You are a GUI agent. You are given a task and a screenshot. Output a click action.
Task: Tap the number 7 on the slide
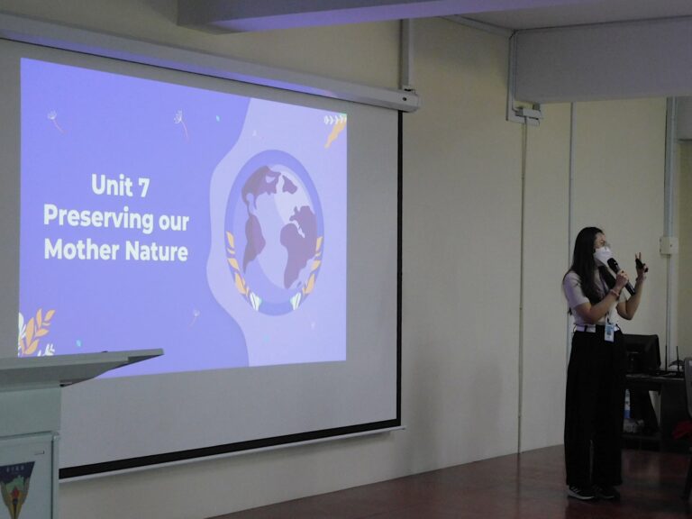tap(143, 187)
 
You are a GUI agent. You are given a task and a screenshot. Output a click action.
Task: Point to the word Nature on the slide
tap(157, 251)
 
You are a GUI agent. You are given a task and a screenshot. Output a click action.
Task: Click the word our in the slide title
tap(174, 222)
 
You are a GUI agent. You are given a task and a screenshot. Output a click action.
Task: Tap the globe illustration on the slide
tap(274, 232)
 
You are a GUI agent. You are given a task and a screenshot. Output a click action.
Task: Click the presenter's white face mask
tap(602, 255)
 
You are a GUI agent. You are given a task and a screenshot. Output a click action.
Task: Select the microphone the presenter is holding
tap(621, 276)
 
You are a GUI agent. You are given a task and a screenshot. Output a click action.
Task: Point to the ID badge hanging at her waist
tap(609, 332)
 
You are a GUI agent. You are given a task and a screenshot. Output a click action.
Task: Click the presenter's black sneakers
tap(592, 492)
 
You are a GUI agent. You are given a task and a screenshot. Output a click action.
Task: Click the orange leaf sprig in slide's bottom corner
tap(36, 332)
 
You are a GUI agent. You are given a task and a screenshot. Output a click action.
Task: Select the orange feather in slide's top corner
tap(335, 131)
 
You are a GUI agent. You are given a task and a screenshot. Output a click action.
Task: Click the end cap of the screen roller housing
tap(410, 100)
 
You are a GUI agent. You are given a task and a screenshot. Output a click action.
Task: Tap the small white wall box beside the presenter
tap(669, 245)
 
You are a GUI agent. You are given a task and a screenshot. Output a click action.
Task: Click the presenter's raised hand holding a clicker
tap(640, 266)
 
